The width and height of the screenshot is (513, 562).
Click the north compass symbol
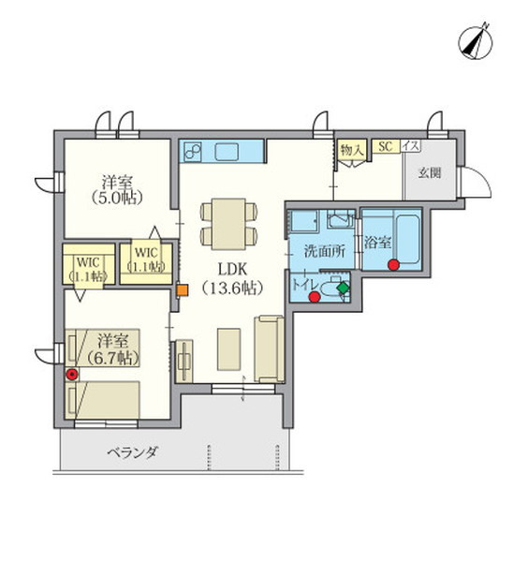coord(476,43)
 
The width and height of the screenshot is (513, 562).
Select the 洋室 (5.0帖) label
coord(117,189)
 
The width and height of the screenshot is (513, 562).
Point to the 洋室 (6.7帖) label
coord(113,349)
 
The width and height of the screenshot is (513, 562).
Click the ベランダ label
coord(133,452)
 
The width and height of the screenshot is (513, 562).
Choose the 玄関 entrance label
coord(430,173)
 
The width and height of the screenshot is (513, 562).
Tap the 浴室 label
coord(377,243)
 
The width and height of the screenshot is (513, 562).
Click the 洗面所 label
coord(324,251)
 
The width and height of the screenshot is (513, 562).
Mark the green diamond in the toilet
coord(343,288)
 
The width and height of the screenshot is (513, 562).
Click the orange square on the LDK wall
coord(183,290)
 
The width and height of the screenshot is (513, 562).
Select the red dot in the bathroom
coord(394,264)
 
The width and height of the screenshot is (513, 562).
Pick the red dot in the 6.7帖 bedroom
coord(72,374)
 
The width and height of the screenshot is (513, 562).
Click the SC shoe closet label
coord(386,146)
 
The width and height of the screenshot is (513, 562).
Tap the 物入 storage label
coord(353,150)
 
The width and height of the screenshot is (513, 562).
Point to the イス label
coord(411,146)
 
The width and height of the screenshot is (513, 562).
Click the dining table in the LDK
coord(228,224)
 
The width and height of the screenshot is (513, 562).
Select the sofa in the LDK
coord(269,348)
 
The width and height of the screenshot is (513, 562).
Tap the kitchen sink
coord(227,152)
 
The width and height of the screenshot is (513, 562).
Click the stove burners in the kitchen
coord(193,152)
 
